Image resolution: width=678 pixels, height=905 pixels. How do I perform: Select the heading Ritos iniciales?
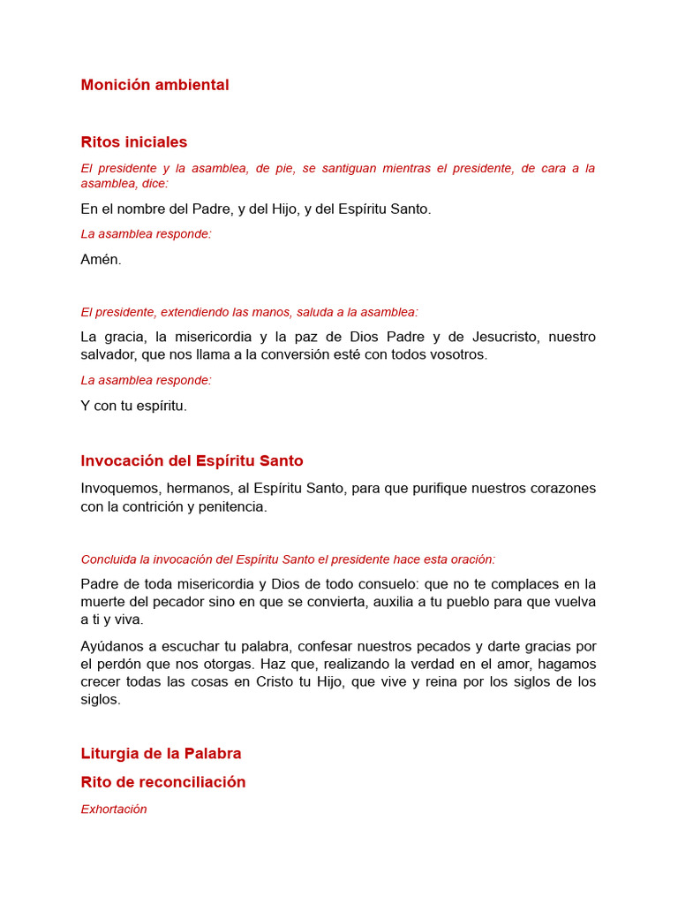coord(134,142)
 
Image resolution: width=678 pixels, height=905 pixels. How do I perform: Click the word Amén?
coord(101,260)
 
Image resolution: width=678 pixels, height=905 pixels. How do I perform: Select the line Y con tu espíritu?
coord(134,406)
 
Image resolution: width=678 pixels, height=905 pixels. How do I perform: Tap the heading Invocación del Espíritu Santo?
coord(192,460)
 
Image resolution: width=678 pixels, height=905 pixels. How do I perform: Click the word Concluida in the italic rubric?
coord(109,559)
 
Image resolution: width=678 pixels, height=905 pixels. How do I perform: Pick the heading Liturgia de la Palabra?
coord(161,754)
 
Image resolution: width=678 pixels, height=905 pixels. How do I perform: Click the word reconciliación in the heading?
coord(192,782)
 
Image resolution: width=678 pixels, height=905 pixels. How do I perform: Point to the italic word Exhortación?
coord(114,809)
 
